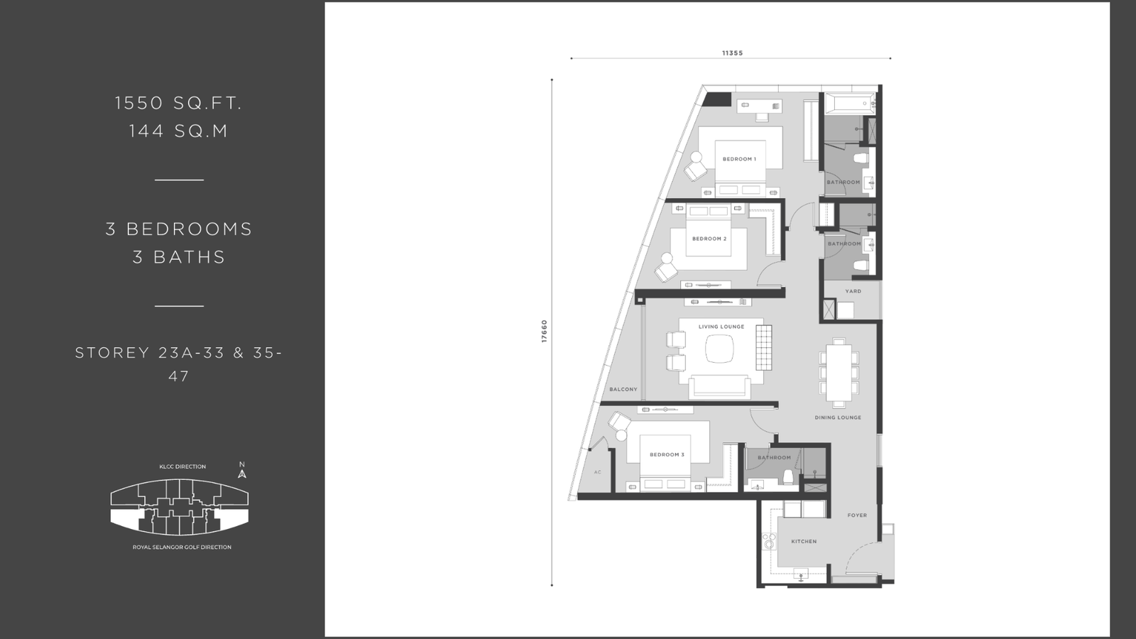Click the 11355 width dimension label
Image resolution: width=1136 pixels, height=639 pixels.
pos(732,53)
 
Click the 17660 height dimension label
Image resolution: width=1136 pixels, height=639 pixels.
pos(544,331)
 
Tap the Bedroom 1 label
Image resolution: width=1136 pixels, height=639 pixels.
pos(739,159)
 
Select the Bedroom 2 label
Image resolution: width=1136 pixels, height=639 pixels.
pos(709,239)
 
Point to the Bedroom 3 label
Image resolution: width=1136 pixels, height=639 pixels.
pos(667,455)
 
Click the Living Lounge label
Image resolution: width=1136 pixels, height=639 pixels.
pos(721,327)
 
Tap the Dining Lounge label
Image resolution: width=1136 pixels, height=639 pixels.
pos(838,418)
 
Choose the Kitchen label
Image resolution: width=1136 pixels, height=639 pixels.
pos(804,542)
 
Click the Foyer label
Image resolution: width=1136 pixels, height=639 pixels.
pos(857,515)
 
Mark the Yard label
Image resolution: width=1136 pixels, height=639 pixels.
pos(853,291)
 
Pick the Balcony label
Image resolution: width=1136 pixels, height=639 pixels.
pos(623,390)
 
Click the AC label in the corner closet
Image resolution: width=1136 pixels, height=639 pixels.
pos(597,472)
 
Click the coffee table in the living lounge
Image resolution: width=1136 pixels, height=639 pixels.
pos(719,350)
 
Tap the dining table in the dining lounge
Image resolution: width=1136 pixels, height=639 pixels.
pos(839,372)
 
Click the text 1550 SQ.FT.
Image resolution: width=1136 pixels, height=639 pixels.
pos(178,103)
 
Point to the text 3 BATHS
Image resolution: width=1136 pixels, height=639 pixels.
pos(178,257)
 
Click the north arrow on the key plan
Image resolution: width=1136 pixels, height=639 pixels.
pos(242,474)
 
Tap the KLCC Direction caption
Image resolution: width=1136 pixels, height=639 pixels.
pos(182,466)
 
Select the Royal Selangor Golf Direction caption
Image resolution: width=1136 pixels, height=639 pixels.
pos(182,547)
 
